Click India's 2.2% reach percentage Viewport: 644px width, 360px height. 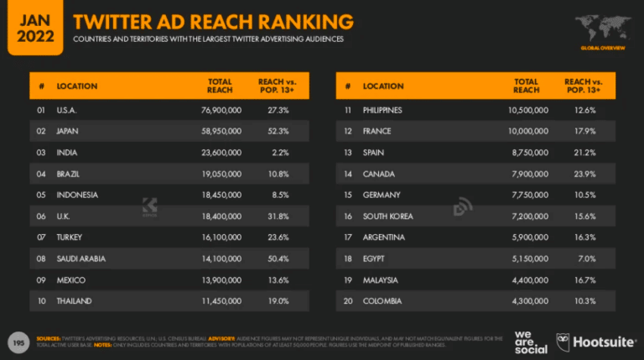coord(279,152)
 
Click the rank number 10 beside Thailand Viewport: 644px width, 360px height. coord(40,300)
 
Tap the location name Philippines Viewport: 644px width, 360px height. coord(382,110)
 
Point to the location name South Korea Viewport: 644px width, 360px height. coord(387,216)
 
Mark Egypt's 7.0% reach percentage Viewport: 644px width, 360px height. coord(586,258)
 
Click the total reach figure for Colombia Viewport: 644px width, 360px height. coord(528,300)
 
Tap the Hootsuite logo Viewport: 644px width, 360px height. coord(596,341)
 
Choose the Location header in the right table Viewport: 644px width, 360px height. coord(384,86)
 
